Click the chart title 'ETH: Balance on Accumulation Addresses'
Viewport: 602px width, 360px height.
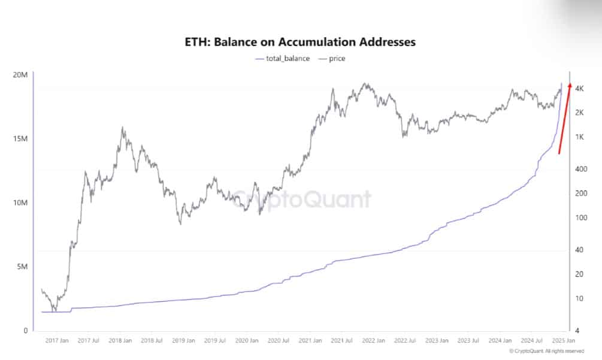[301, 42]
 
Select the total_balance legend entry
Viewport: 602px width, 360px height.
[283, 59]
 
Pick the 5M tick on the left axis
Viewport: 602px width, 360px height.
[22, 267]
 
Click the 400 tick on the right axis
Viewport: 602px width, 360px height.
[580, 169]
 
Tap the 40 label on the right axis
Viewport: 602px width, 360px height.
[579, 250]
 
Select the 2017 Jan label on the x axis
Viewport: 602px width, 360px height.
[57, 340]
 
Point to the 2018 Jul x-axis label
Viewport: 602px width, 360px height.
[150, 340]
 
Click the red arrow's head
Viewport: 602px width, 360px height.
[570, 86]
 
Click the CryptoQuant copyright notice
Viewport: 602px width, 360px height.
[546, 351]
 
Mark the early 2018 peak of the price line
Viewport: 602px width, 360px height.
[123, 127]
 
